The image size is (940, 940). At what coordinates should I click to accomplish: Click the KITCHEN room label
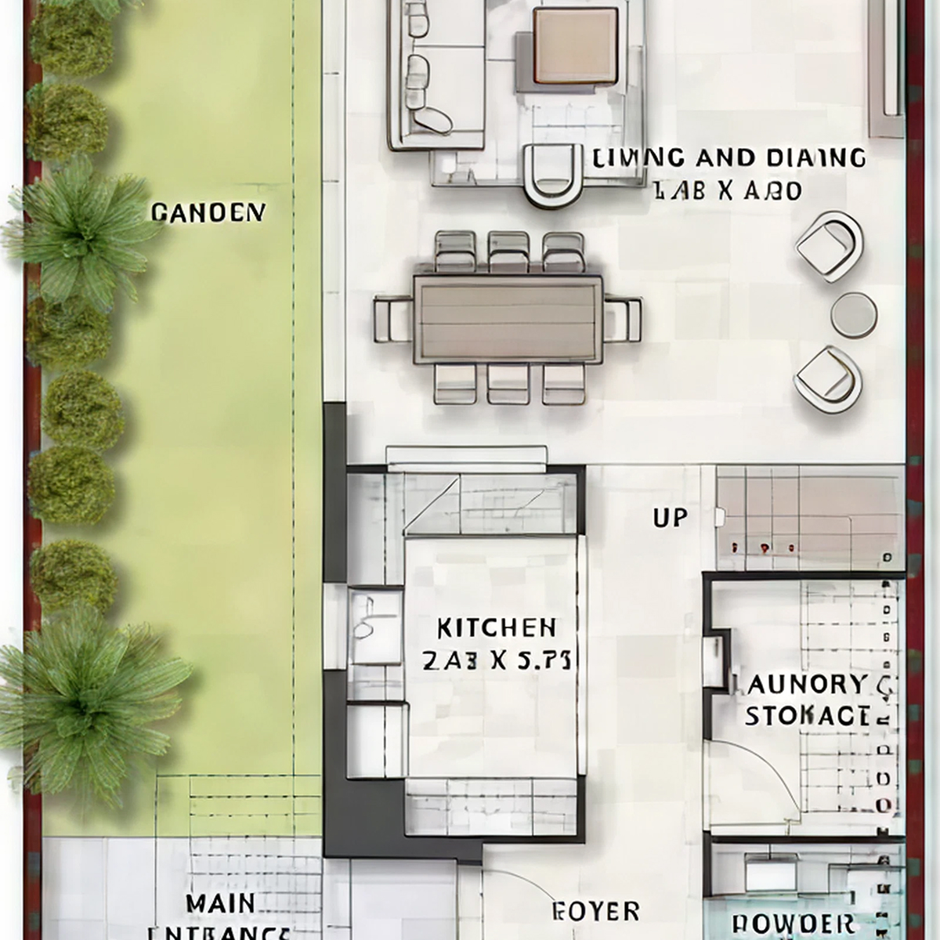click(496, 627)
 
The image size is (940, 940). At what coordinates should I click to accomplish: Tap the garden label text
click(208, 212)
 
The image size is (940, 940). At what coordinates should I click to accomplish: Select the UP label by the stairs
click(670, 518)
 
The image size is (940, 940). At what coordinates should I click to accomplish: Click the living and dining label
click(729, 157)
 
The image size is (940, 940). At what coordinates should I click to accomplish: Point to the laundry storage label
click(806, 700)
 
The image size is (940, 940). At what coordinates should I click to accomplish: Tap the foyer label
click(595, 911)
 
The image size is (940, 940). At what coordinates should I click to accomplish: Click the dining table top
click(508, 319)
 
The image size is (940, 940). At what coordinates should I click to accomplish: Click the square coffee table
click(575, 46)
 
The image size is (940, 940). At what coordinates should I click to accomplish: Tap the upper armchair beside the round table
click(829, 247)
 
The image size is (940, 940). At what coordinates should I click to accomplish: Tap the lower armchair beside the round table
click(827, 378)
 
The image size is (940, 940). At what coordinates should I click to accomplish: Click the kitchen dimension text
click(496, 662)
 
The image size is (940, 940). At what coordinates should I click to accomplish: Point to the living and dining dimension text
click(727, 190)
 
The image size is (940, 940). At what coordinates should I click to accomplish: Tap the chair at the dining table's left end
click(392, 320)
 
